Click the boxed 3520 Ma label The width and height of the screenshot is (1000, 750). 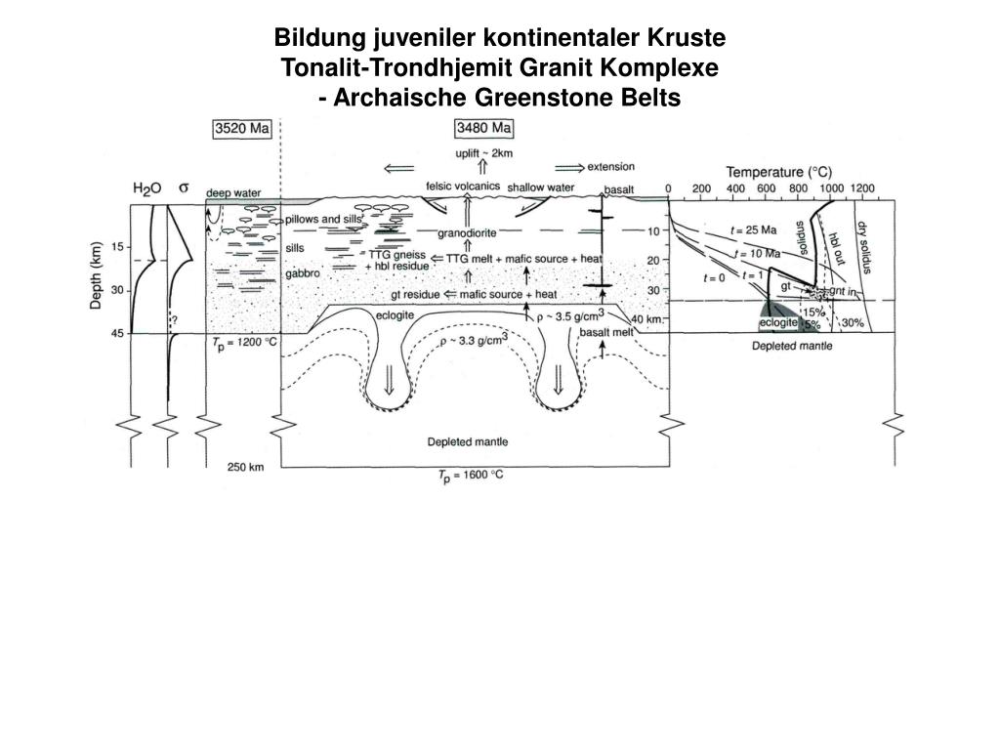pyautogui.click(x=242, y=129)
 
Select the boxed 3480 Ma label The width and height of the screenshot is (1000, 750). pyautogui.click(x=484, y=129)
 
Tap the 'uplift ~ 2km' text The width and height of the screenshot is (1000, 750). pyautogui.click(x=484, y=153)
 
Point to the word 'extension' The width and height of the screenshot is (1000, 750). pyautogui.click(x=610, y=167)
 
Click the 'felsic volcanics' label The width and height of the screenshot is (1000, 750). pyautogui.click(x=463, y=187)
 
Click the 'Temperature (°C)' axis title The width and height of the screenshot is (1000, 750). pyautogui.click(x=778, y=172)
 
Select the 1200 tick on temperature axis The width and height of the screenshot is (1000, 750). pyautogui.click(x=862, y=187)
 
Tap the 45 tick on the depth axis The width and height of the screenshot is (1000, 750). pyautogui.click(x=116, y=333)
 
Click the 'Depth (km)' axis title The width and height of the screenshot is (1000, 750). pyautogui.click(x=97, y=275)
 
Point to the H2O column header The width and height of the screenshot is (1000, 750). pyautogui.click(x=146, y=187)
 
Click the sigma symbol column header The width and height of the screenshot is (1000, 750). pyautogui.click(x=183, y=187)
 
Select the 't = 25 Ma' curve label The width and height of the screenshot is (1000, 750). pyautogui.click(x=754, y=230)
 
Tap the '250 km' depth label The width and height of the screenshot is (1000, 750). pyautogui.click(x=246, y=467)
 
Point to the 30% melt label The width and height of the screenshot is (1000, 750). pyautogui.click(x=853, y=323)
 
